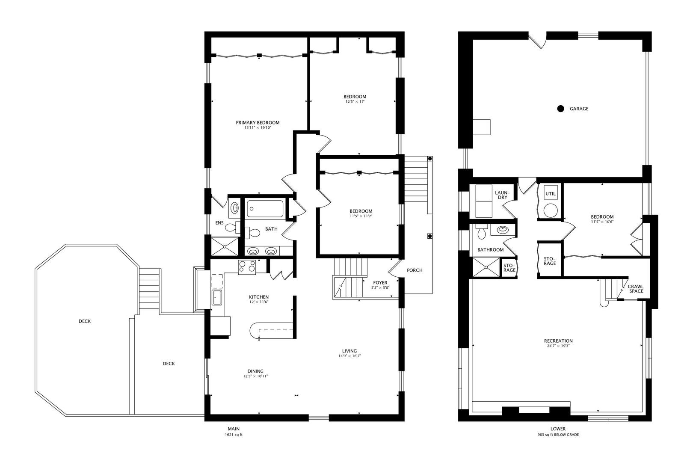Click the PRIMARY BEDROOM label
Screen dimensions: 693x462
[x=258, y=122]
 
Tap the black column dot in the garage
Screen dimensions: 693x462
[x=560, y=109]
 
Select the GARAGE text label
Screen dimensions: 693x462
[x=579, y=109]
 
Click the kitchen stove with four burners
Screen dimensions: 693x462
[x=247, y=267]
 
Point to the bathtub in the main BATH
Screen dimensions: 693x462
[x=265, y=209]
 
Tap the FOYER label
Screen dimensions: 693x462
[x=380, y=282]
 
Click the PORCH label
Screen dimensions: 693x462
[x=415, y=270]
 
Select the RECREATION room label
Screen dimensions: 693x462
[x=558, y=341]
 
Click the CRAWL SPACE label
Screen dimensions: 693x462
[x=636, y=289]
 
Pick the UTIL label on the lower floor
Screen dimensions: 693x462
[x=551, y=194]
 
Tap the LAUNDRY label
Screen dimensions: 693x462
[x=502, y=195]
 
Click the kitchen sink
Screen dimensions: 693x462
[x=216, y=297]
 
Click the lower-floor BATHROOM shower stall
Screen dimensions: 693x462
[x=486, y=267]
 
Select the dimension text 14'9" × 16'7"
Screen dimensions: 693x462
[x=349, y=356]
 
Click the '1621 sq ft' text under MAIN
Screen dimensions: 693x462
[x=234, y=435]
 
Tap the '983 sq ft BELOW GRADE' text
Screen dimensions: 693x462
[x=558, y=435]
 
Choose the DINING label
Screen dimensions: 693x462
[x=255, y=371]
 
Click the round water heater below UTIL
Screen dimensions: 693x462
[x=551, y=211]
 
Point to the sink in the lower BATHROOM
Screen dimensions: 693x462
[x=503, y=230]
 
